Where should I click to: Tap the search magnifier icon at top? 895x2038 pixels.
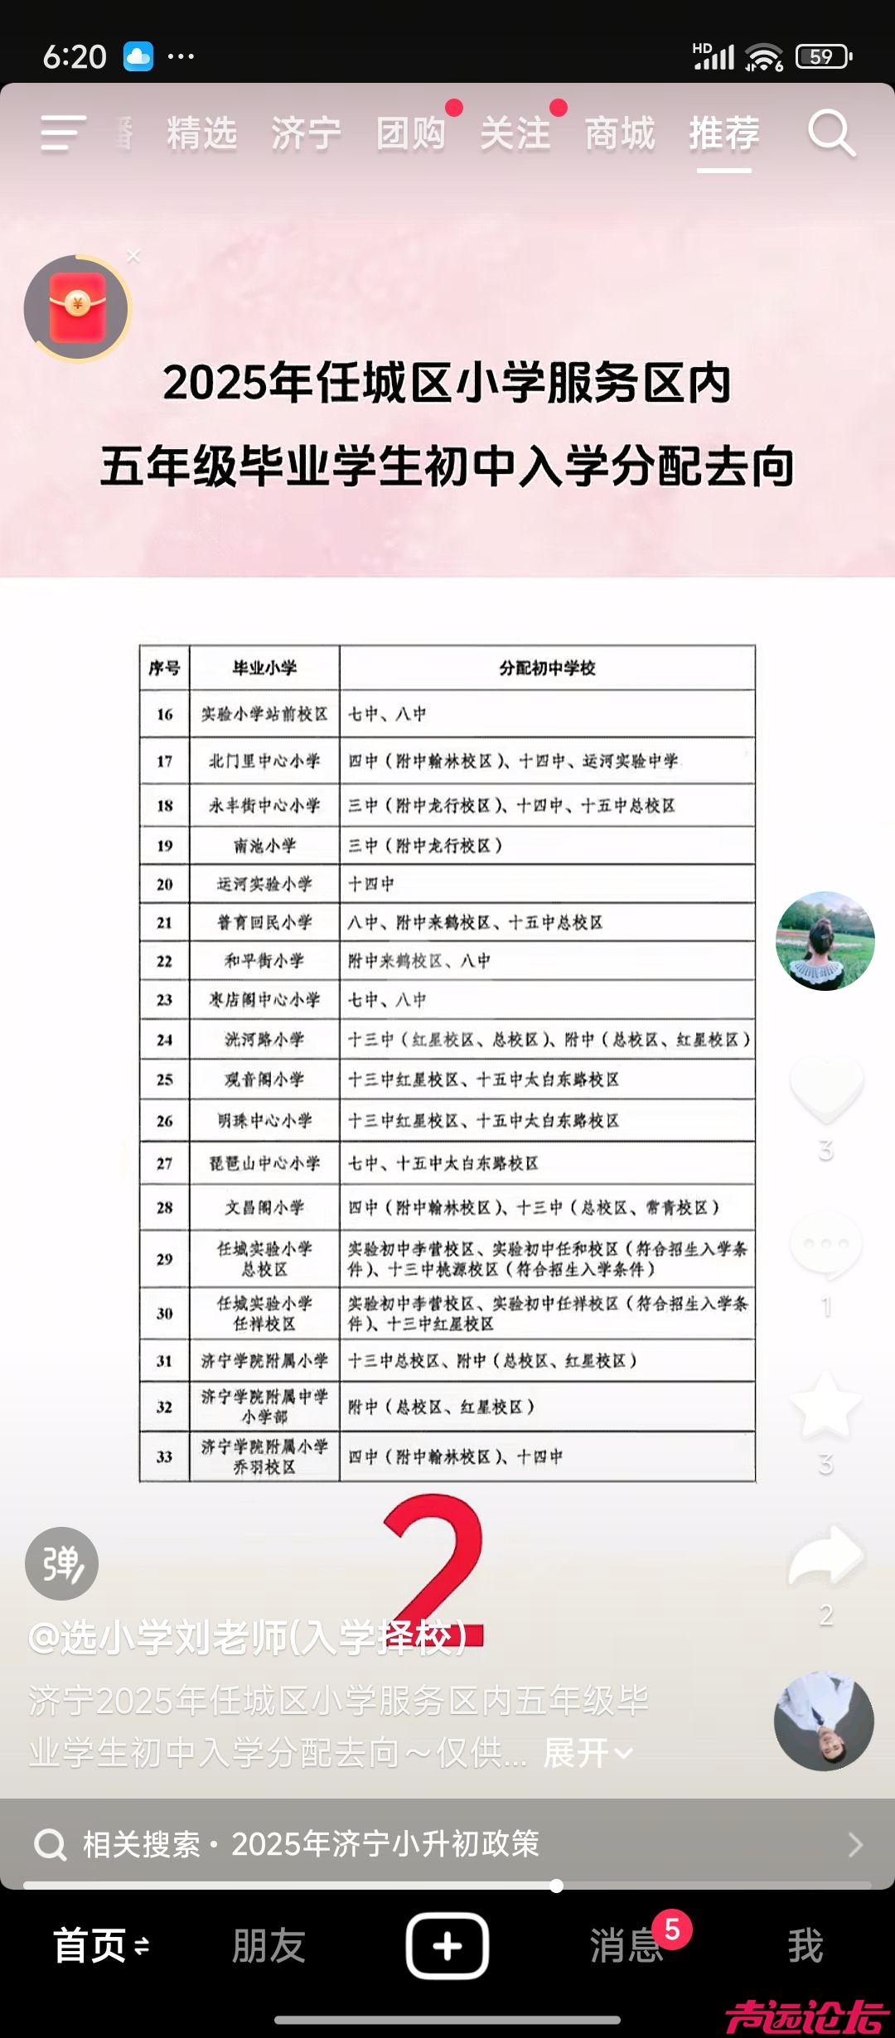point(831,133)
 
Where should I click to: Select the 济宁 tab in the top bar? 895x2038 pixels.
point(306,133)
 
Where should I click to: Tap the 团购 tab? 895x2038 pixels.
point(411,133)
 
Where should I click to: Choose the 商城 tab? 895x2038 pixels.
point(620,133)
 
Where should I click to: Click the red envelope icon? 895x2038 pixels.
point(77,309)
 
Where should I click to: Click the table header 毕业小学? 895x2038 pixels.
point(264,668)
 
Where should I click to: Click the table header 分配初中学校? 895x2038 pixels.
point(547,668)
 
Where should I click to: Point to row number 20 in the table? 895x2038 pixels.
point(165,884)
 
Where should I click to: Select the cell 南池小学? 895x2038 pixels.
point(264,846)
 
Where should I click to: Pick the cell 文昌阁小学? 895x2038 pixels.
point(264,1207)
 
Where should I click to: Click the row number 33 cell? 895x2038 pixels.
point(165,1456)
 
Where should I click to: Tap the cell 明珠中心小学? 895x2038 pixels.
point(264,1121)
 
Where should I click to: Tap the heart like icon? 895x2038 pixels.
point(826,1087)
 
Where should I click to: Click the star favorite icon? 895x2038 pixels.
point(825,1405)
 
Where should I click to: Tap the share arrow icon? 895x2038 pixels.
point(825,1556)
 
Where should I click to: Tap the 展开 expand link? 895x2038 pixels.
point(587,1753)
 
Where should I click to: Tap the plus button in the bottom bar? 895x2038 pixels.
point(447,1945)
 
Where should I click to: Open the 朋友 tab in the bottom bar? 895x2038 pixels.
point(268,1945)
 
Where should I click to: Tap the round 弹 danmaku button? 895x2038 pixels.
point(62,1563)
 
